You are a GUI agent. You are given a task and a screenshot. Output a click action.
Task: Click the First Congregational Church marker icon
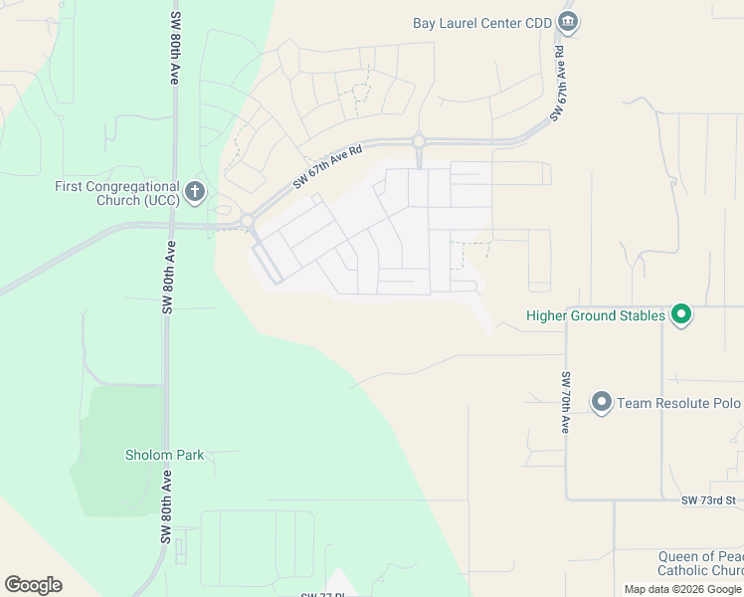195,191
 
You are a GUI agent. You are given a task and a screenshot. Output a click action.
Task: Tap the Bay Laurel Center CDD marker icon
568,22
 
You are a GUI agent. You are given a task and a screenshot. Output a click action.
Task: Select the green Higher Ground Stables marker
681,316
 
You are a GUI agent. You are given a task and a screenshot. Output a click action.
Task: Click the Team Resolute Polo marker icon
602,402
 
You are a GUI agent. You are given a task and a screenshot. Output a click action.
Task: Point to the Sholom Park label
164,455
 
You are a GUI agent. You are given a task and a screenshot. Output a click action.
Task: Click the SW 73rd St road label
708,499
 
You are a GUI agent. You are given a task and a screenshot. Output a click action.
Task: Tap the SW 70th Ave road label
564,402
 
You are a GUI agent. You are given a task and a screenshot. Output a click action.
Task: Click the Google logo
33,585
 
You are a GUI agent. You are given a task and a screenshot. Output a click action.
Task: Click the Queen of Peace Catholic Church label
700,563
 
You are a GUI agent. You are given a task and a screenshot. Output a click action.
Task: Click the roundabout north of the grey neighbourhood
420,142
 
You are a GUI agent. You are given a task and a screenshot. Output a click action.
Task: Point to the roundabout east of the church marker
247,221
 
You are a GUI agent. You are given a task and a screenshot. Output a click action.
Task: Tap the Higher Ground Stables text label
595,316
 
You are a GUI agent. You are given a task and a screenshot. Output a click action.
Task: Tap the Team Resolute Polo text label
678,403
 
